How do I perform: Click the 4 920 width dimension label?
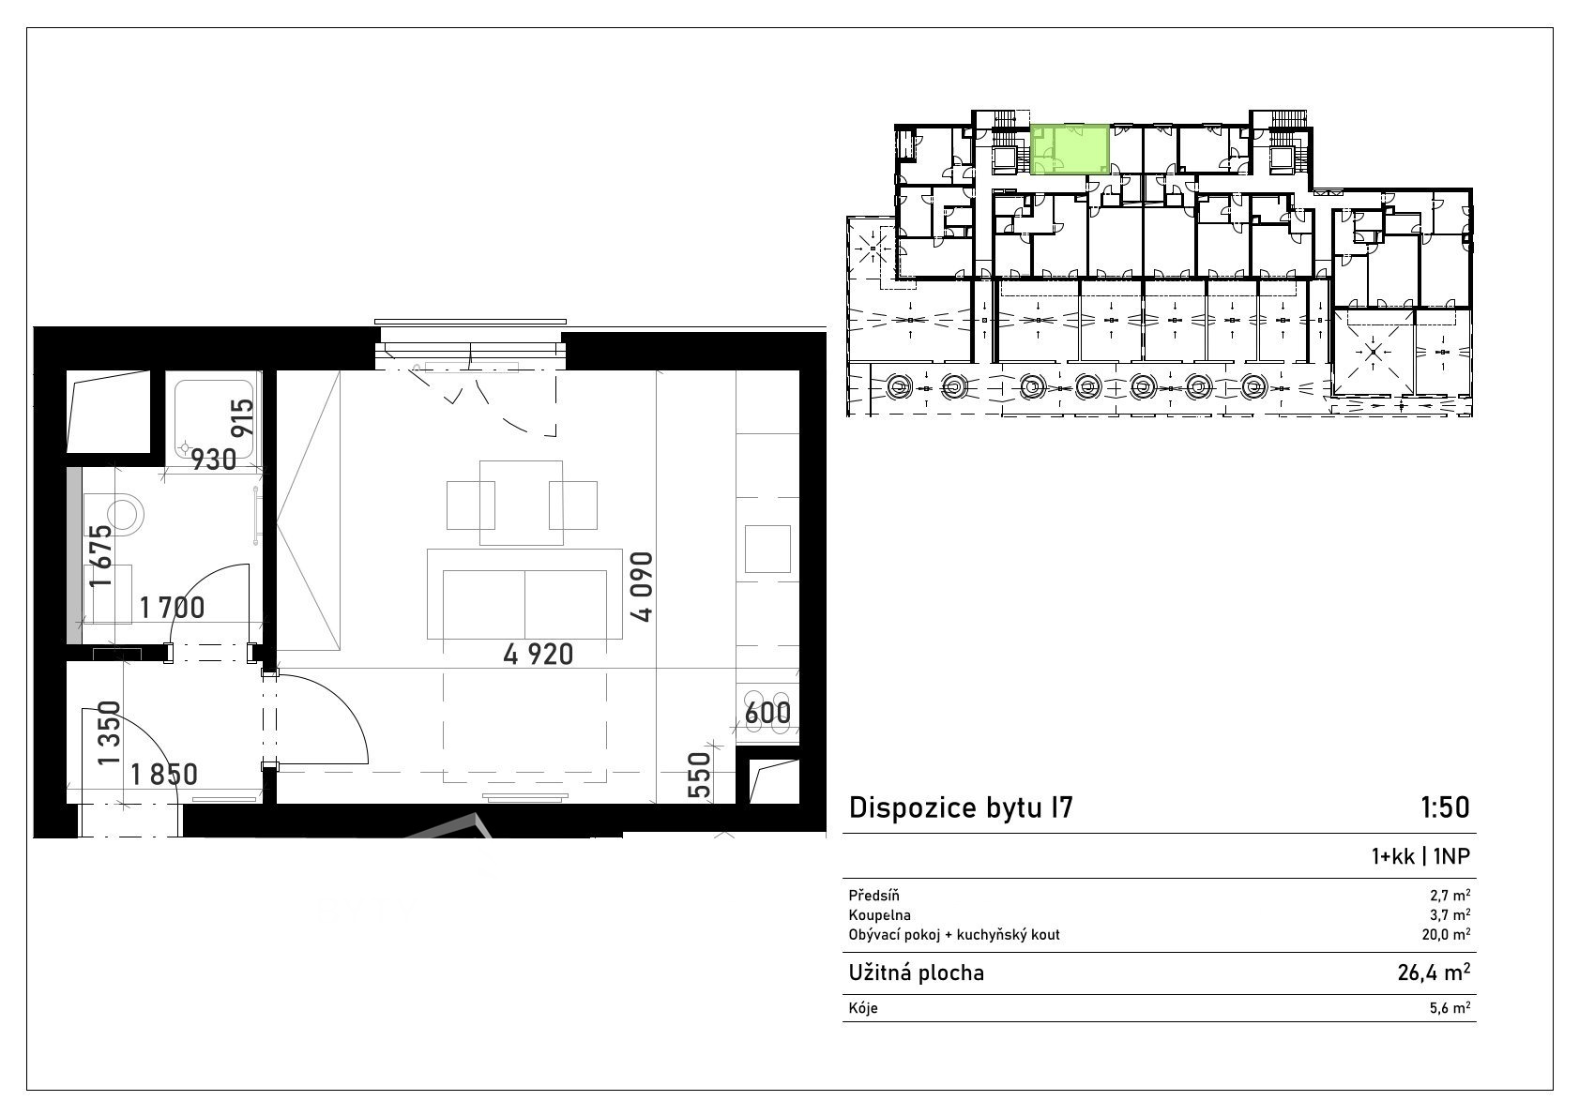538,655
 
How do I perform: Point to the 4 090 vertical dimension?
642,587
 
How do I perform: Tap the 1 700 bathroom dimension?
172,608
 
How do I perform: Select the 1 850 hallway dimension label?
164,775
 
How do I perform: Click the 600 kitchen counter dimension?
767,713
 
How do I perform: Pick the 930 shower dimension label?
214,460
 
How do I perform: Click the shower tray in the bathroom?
214,419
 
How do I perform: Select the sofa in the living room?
524,594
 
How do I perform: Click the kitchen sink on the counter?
767,549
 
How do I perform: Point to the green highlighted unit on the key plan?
1070,149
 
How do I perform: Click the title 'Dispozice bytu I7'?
961,807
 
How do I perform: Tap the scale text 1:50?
1445,807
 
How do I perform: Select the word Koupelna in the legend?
880,915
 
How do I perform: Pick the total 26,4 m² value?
1434,973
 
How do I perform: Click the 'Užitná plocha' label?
917,973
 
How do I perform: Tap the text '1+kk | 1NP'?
1420,856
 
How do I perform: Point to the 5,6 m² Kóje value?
1450,1008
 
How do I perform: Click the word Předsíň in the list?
874,896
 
